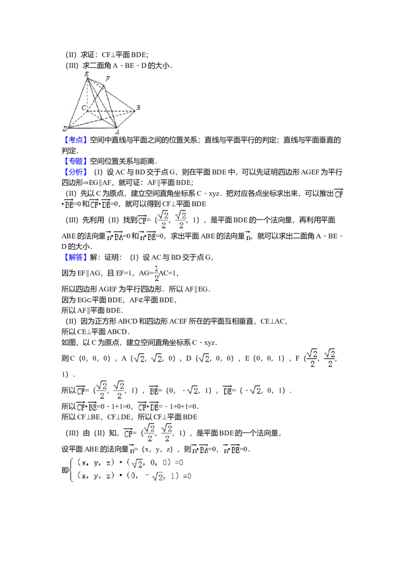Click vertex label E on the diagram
coord(87,75)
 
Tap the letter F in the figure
coord(108,79)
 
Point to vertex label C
coord(83,108)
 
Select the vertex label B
coord(138,108)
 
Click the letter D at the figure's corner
coord(65,128)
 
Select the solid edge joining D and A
coord(91,128)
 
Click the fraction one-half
coord(156,273)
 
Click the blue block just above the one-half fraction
coord(76,258)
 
